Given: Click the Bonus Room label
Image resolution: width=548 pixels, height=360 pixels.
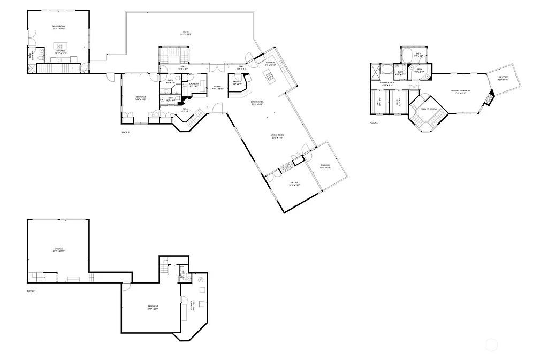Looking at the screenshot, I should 59,26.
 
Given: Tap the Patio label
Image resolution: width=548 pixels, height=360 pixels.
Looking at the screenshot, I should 186,33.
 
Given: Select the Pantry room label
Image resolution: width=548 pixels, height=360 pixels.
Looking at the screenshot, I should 237,82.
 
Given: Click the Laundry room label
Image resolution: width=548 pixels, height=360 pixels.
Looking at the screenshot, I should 194,83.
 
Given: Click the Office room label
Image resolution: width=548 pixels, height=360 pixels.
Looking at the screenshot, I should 294,183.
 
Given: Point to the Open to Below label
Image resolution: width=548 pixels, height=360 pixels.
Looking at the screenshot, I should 429,109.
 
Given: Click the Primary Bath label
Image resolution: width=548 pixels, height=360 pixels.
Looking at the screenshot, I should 387,83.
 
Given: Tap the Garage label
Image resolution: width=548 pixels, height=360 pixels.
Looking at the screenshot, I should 58,249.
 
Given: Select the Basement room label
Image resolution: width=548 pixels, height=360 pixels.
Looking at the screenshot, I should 153,307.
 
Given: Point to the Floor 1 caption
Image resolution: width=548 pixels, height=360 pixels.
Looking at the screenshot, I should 31,291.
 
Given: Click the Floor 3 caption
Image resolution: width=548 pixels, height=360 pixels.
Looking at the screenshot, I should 374,123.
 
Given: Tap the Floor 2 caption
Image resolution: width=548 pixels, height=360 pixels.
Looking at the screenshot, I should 125,132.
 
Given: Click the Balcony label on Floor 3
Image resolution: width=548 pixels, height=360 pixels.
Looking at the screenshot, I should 503,78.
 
